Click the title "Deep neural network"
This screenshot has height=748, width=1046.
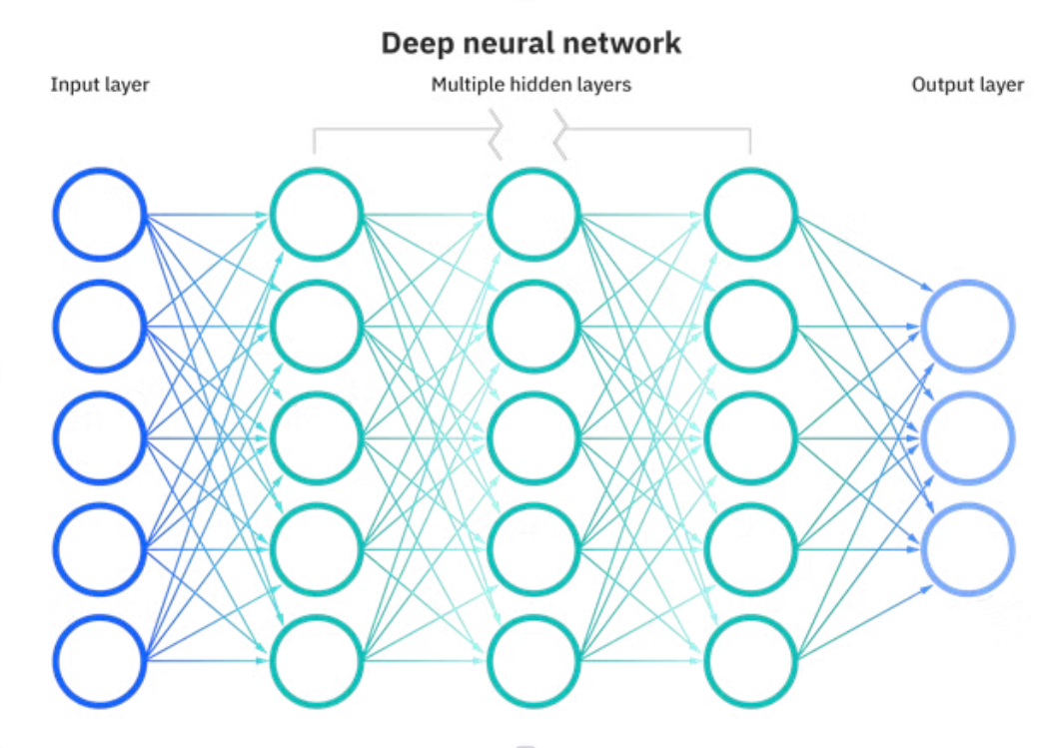pos(530,44)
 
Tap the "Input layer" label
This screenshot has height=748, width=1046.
pos(100,85)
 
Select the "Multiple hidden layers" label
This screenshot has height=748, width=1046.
pos(530,85)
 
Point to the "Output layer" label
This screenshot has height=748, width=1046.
pos(967,85)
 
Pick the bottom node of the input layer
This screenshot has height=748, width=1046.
pos(100,659)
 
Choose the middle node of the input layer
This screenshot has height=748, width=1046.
pos(100,437)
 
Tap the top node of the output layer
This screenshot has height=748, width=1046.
pos(968,326)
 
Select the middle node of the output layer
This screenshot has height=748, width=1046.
pos(968,437)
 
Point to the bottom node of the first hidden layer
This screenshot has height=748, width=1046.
pos(316,659)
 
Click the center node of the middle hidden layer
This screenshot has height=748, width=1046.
pos(533,437)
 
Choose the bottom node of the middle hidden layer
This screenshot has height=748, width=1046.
pos(533,659)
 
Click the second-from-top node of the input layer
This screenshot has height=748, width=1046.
pos(100,326)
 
